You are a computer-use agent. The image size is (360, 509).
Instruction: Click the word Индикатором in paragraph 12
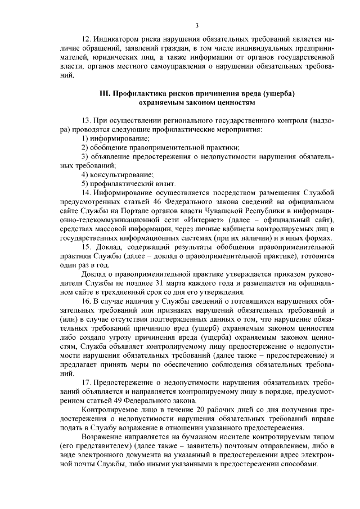coord(118,40)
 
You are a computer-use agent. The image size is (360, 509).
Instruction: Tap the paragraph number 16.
coord(87,301)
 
